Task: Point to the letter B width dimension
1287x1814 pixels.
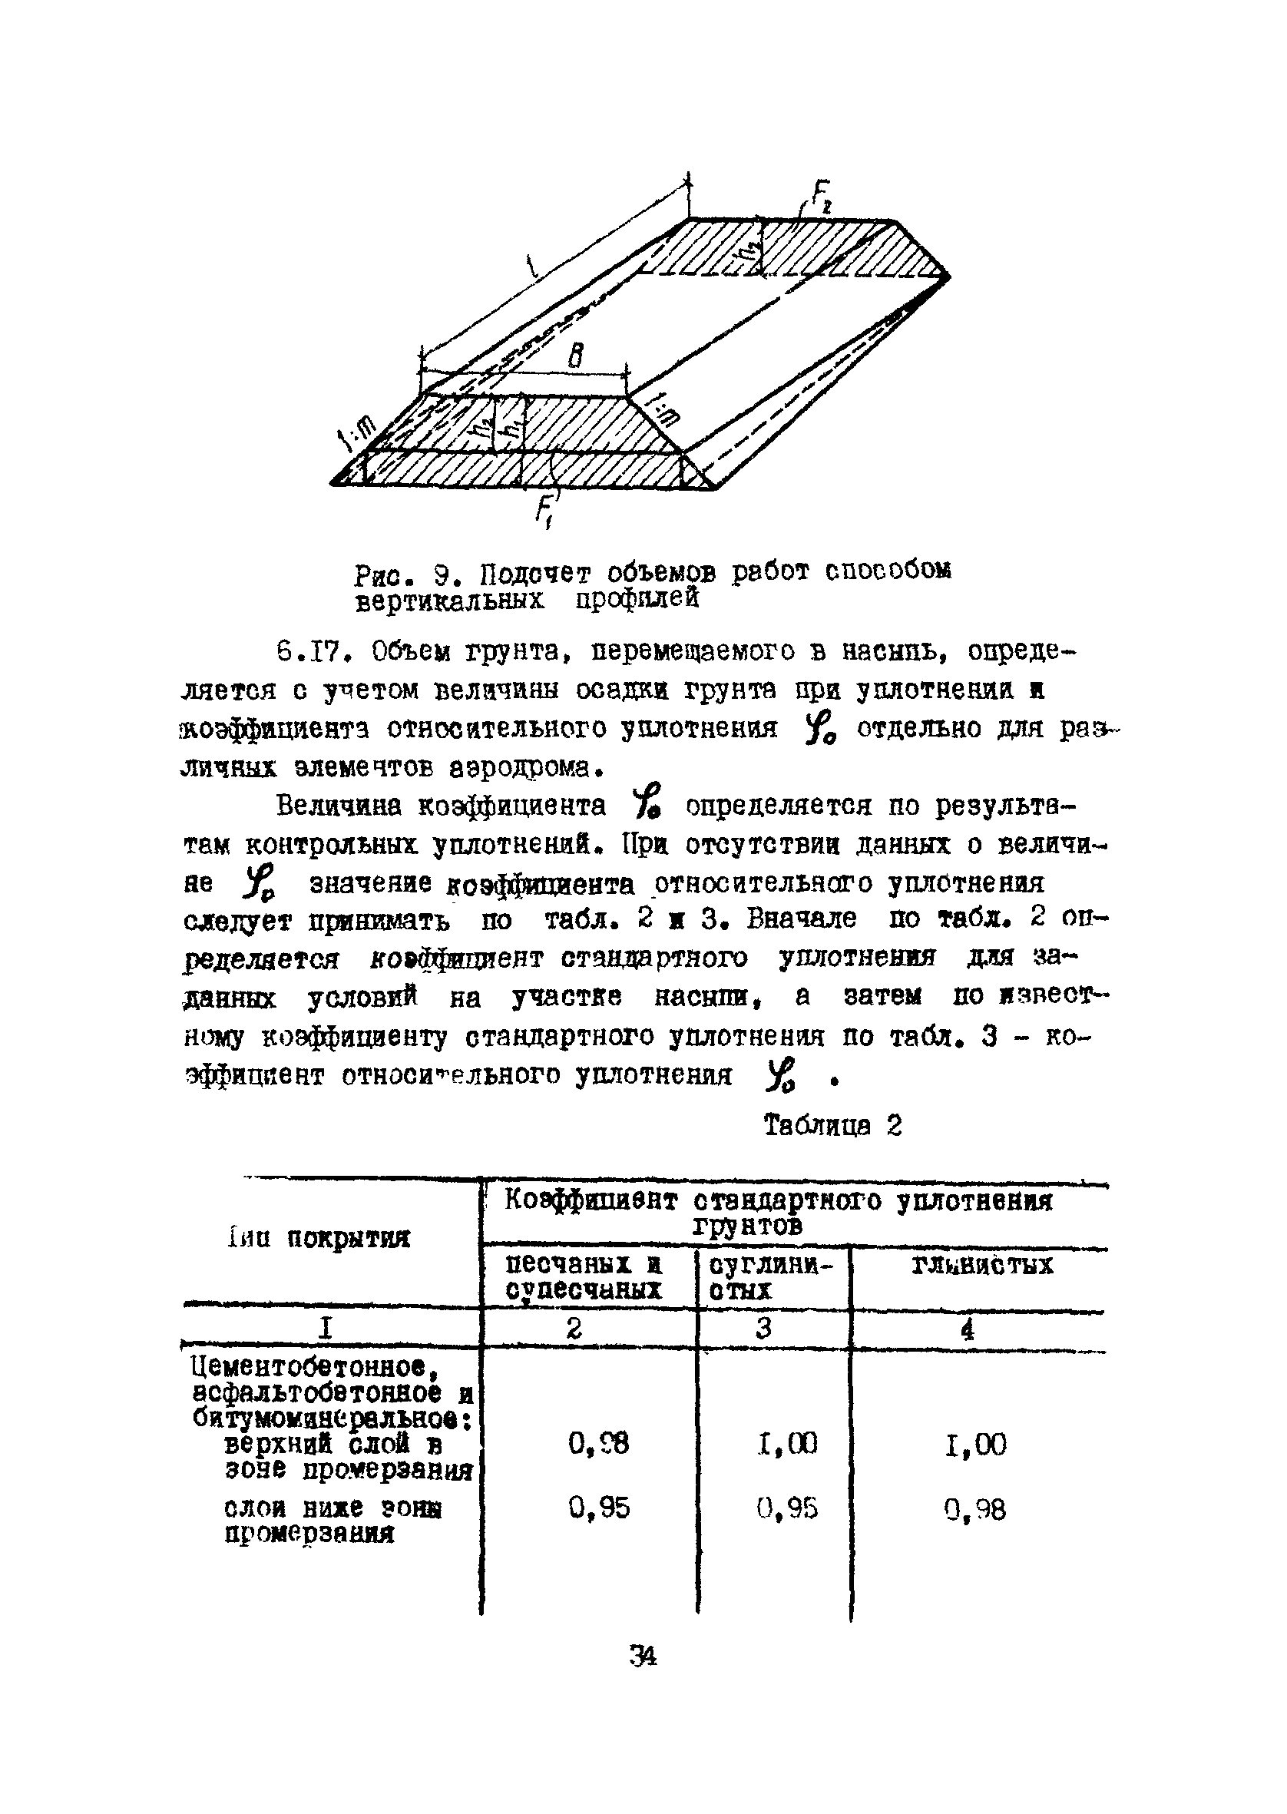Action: (x=576, y=356)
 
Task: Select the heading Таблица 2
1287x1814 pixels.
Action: (x=832, y=1126)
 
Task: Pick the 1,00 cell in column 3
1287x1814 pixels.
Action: (x=787, y=1444)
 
